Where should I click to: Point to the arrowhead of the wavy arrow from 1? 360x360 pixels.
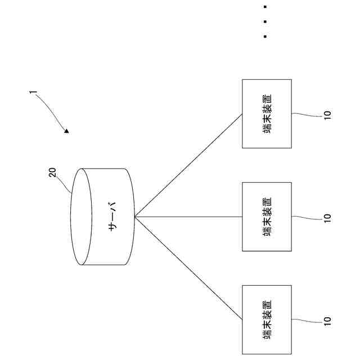[67, 132]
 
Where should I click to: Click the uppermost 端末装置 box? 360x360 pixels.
[267, 114]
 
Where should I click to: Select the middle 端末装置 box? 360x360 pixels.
[267, 217]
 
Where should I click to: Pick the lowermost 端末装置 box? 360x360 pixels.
[267, 319]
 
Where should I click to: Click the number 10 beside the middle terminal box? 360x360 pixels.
[328, 217]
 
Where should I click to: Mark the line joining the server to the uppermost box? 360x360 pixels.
[188, 165]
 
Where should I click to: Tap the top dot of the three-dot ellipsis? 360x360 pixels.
[264, 7]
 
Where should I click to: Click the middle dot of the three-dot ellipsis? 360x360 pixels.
[264, 22]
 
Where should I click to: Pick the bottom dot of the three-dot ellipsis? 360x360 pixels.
[264, 37]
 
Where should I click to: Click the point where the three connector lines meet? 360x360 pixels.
[136, 217]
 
